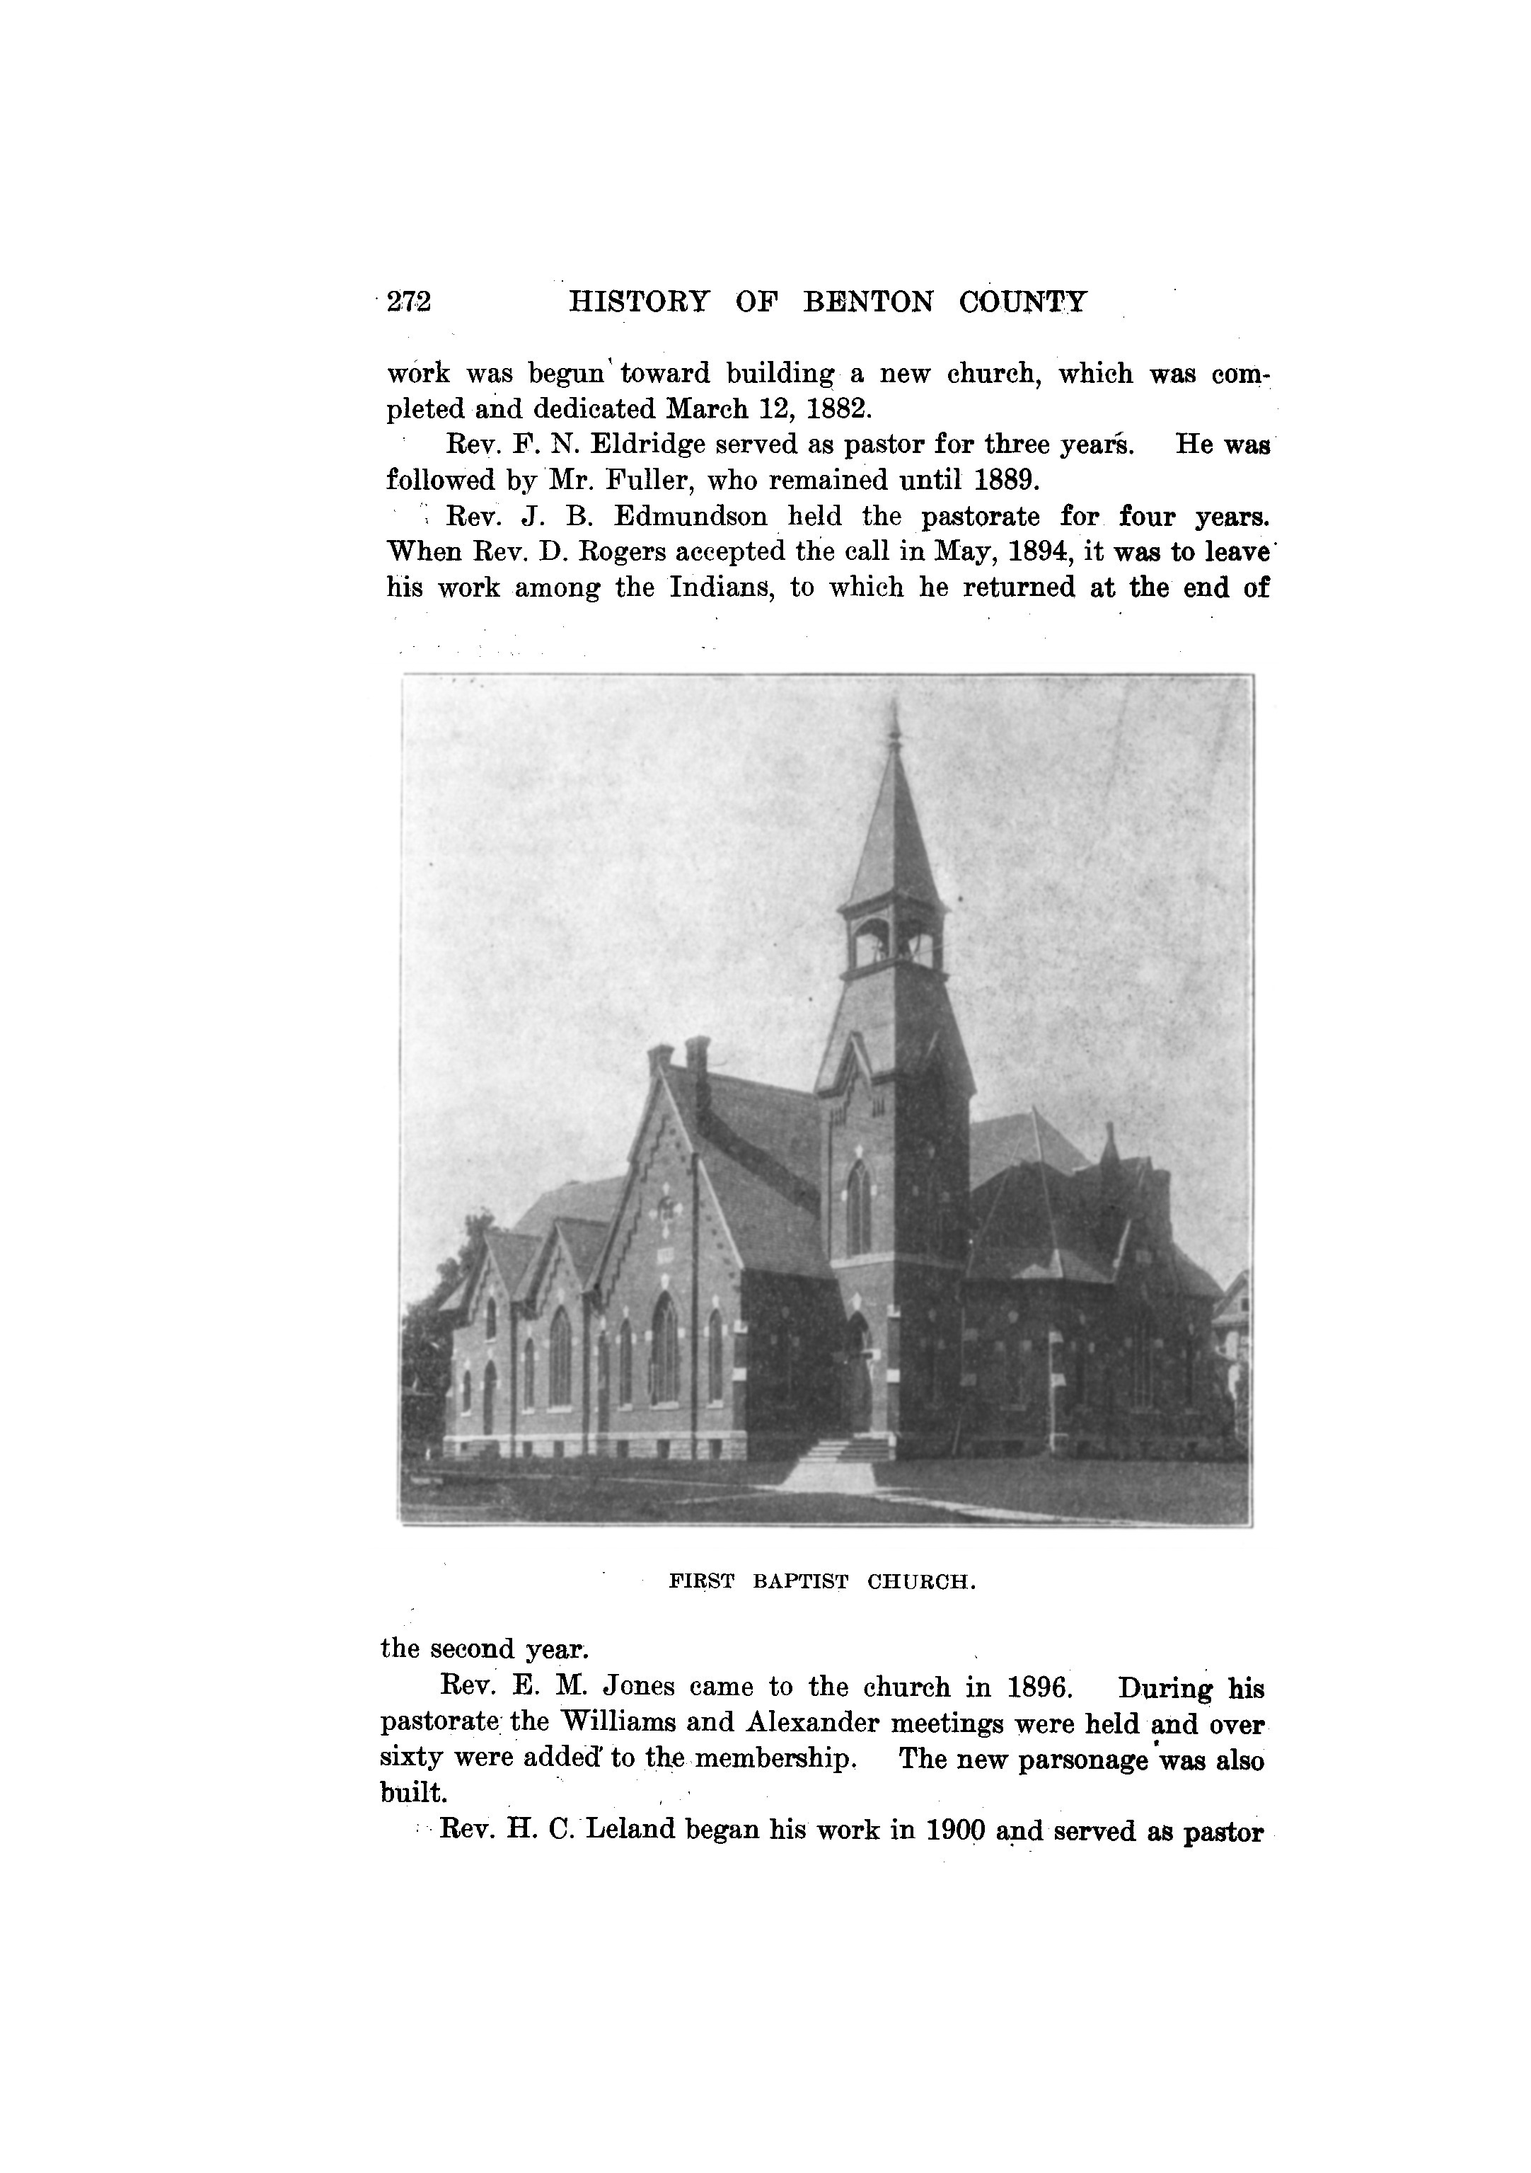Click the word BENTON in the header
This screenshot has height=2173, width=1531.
pos(867,302)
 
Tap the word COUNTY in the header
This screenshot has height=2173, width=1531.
pos(1023,302)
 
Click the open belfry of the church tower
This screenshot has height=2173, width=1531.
pos(892,943)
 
